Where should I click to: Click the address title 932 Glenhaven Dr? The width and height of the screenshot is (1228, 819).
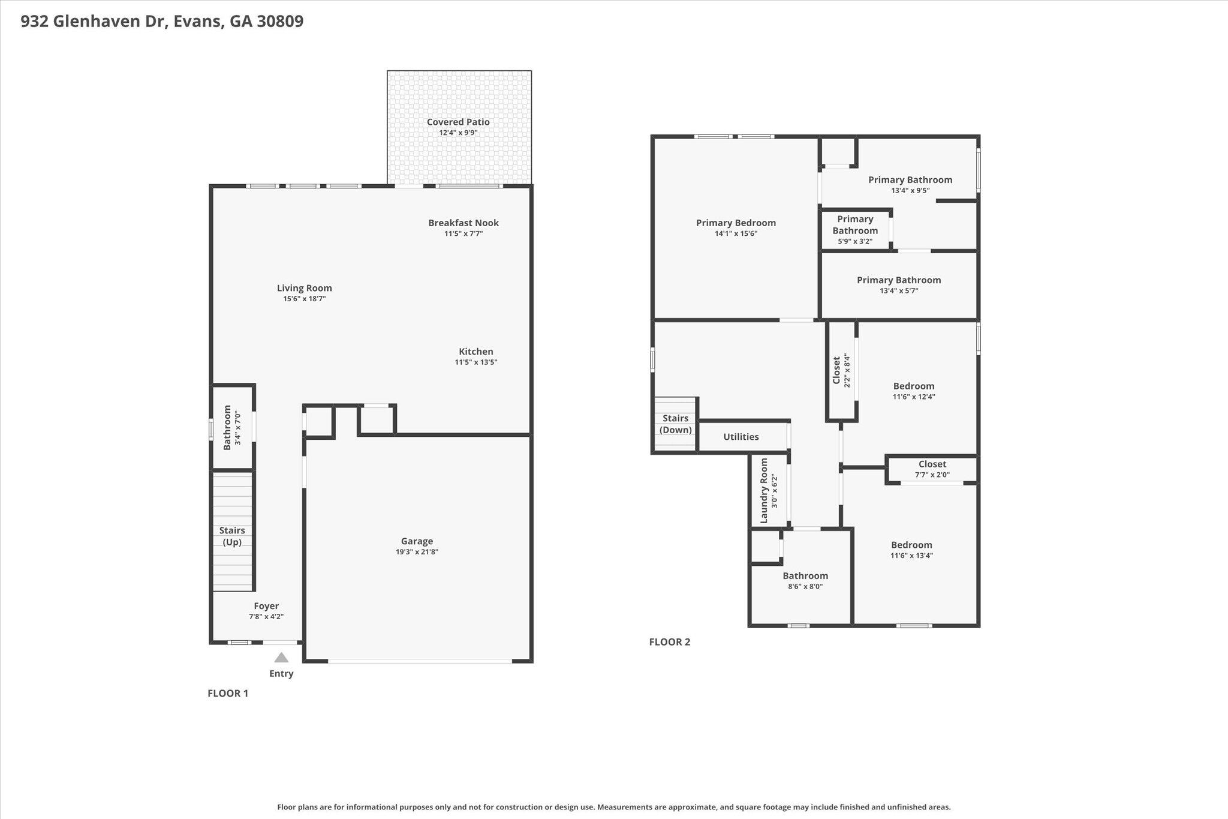pyautogui.click(x=94, y=22)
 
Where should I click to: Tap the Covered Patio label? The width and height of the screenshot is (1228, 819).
pyautogui.click(x=458, y=122)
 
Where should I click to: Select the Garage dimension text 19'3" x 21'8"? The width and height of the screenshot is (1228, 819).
pyautogui.click(x=417, y=552)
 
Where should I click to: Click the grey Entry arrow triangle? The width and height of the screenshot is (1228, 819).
pyautogui.click(x=281, y=658)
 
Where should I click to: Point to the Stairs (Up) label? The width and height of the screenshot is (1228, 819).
pyautogui.click(x=232, y=536)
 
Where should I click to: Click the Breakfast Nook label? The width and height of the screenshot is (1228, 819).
pyautogui.click(x=463, y=223)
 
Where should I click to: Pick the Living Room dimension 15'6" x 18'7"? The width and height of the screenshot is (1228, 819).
pyautogui.click(x=305, y=299)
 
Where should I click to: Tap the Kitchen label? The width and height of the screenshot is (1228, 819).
pyautogui.click(x=476, y=352)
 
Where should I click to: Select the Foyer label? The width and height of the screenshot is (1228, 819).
pyautogui.click(x=266, y=606)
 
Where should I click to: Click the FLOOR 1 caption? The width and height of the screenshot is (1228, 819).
pyautogui.click(x=228, y=694)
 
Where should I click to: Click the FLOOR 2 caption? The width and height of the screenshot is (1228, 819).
pyautogui.click(x=670, y=642)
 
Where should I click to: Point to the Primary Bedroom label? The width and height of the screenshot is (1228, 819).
pyautogui.click(x=736, y=223)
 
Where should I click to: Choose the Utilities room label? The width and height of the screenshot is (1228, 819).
pyautogui.click(x=741, y=437)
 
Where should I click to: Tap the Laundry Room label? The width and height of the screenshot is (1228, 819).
pyautogui.click(x=764, y=491)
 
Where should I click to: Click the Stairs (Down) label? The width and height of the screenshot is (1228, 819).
pyautogui.click(x=676, y=424)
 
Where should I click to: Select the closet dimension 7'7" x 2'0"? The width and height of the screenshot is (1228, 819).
pyautogui.click(x=932, y=475)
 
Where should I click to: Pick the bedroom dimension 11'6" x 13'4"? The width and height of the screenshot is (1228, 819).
pyautogui.click(x=911, y=556)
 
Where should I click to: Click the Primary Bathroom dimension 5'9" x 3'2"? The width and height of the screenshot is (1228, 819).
pyautogui.click(x=855, y=242)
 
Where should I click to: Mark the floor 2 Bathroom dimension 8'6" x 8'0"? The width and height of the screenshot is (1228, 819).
pyautogui.click(x=805, y=587)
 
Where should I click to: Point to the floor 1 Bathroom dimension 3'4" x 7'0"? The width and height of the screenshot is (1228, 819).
pyautogui.click(x=237, y=428)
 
